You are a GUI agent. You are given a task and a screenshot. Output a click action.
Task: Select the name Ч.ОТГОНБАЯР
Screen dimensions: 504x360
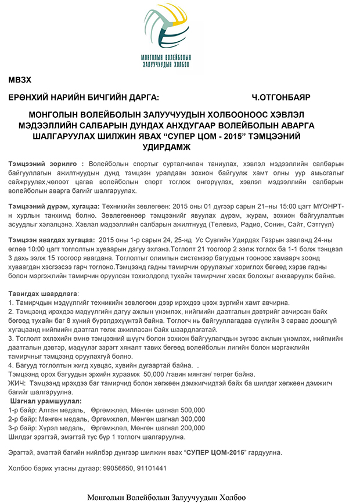(282, 97)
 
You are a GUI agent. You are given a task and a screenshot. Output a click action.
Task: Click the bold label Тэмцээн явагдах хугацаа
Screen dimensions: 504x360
(51, 239)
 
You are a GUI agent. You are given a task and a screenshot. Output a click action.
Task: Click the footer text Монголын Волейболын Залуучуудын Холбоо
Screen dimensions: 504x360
(167, 498)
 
